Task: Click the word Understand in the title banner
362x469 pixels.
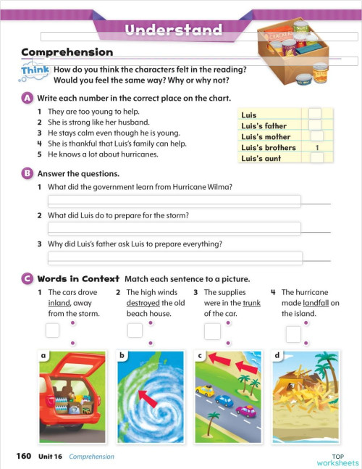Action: point(173,30)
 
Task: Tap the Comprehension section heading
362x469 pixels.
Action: point(67,52)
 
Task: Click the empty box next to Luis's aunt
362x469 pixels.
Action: point(316,157)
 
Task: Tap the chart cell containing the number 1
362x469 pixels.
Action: point(317,146)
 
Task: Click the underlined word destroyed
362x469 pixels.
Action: point(143,303)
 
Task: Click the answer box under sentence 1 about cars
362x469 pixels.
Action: point(53,331)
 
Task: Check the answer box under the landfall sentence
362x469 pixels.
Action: point(293,333)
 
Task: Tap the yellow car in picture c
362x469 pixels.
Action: point(206,391)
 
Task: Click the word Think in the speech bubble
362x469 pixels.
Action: point(36,70)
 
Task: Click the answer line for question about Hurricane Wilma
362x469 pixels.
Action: point(174,201)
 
